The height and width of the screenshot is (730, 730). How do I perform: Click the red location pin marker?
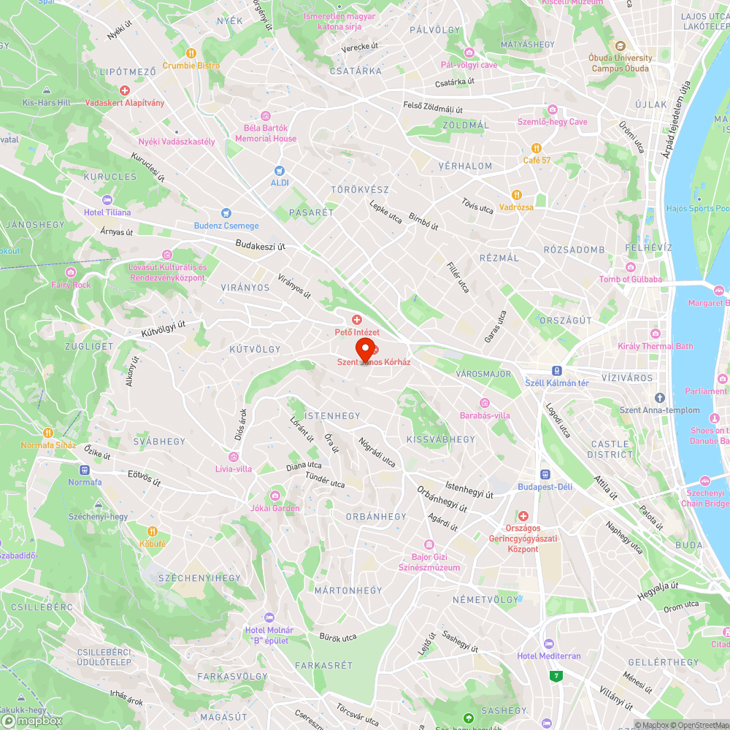pyautogui.click(x=365, y=349)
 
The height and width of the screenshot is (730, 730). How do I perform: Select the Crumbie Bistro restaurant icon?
pyautogui.click(x=191, y=53)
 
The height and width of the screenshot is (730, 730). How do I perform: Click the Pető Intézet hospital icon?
pyautogui.click(x=357, y=320)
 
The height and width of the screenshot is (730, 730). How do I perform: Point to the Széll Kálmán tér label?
pyautogui.click(x=557, y=383)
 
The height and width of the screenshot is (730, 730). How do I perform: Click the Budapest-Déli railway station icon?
pyautogui.click(x=545, y=474)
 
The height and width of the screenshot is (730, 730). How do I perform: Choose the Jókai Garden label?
pyautogui.click(x=276, y=508)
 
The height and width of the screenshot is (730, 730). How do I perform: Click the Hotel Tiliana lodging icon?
pyautogui.click(x=107, y=200)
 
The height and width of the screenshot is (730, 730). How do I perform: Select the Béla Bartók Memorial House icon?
pyautogui.click(x=266, y=115)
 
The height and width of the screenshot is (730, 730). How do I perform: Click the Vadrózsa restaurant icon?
pyautogui.click(x=516, y=195)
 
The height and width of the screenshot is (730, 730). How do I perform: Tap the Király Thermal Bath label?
pyautogui.click(x=656, y=346)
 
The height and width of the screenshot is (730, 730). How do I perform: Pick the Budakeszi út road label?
pyautogui.click(x=260, y=247)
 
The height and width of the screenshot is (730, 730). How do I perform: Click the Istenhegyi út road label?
pyautogui.click(x=469, y=490)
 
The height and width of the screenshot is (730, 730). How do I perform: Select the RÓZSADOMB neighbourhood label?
pyautogui.click(x=574, y=250)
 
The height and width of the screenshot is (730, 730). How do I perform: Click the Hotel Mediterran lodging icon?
pyautogui.click(x=549, y=643)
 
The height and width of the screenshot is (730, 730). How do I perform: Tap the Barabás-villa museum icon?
pyautogui.click(x=485, y=403)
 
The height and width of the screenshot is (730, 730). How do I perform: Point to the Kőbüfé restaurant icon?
pyautogui.click(x=153, y=531)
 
